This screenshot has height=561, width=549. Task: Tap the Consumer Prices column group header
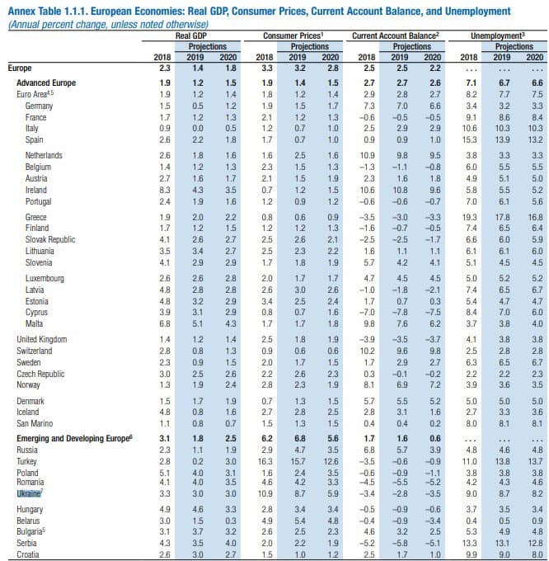point(292,36)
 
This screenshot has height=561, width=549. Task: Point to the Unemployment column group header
point(498,36)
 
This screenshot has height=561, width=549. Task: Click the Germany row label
point(39,106)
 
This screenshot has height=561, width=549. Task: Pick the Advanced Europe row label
point(46,83)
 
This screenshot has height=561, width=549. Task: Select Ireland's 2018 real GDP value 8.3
point(164,190)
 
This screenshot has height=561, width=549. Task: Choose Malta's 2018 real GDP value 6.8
point(164,325)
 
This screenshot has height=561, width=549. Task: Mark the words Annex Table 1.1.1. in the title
point(52,11)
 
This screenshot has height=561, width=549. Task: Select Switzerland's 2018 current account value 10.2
point(367,350)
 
